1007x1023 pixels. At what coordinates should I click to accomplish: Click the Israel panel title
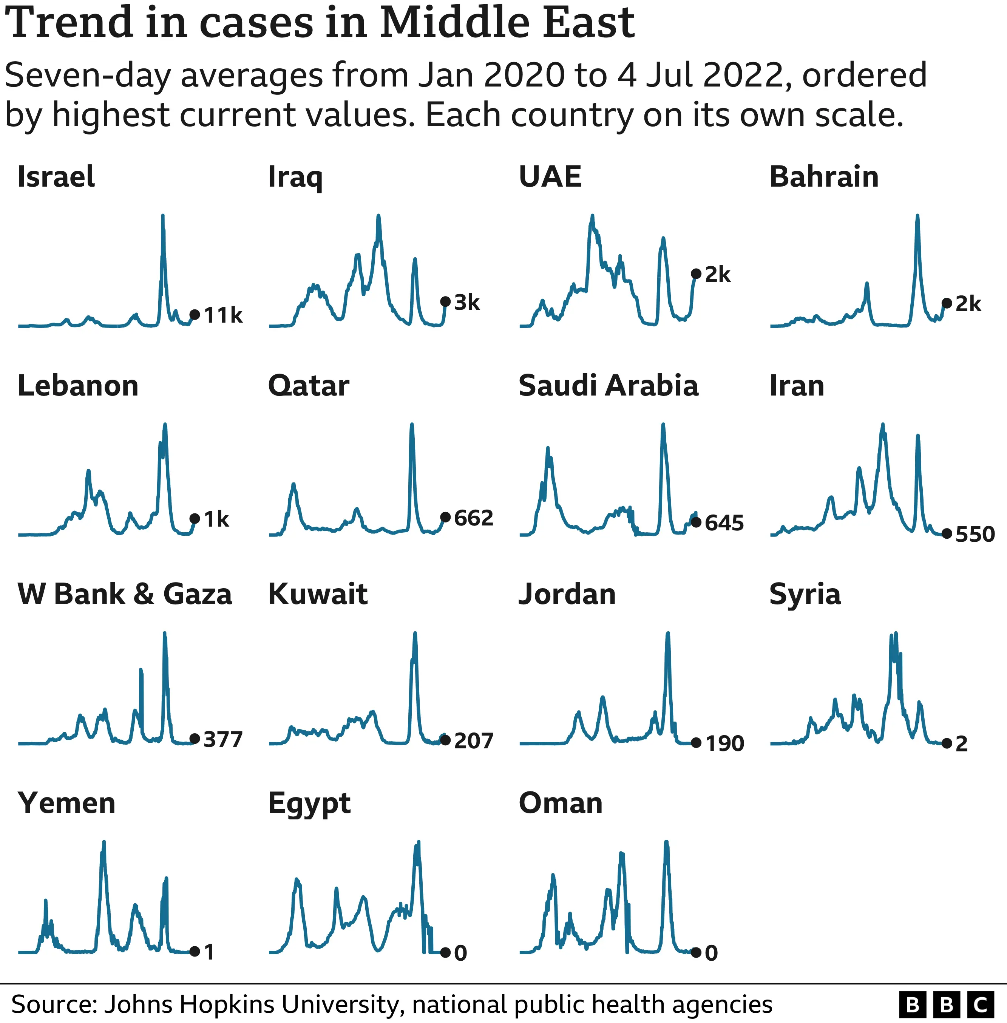pyautogui.click(x=56, y=177)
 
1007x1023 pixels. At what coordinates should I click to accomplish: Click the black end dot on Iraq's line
pyautogui.click(x=445, y=301)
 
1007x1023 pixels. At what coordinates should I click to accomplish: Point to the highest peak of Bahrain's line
pyautogui.click(x=917, y=216)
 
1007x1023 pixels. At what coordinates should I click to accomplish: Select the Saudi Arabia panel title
pyautogui.click(x=608, y=386)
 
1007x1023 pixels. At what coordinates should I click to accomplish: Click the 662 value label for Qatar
pyautogui.click(x=473, y=518)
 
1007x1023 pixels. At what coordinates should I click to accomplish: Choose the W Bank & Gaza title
pyautogui.click(x=125, y=594)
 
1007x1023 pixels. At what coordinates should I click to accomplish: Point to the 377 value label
pyautogui.click(x=222, y=739)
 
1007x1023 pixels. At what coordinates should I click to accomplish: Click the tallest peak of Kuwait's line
pyautogui.click(x=415, y=633)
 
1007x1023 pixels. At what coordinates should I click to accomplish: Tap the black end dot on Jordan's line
pyautogui.click(x=696, y=743)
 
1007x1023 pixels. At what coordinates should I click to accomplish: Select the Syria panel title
pyautogui.click(x=805, y=594)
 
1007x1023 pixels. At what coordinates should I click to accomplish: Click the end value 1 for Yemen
pyautogui.click(x=209, y=952)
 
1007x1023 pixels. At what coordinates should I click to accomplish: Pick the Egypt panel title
pyautogui.click(x=309, y=804)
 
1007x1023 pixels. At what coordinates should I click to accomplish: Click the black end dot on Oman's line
pyautogui.click(x=696, y=952)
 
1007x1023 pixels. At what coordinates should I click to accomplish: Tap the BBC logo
pyautogui.click(x=946, y=1004)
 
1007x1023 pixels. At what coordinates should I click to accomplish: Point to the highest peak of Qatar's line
pyautogui.click(x=412, y=425)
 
